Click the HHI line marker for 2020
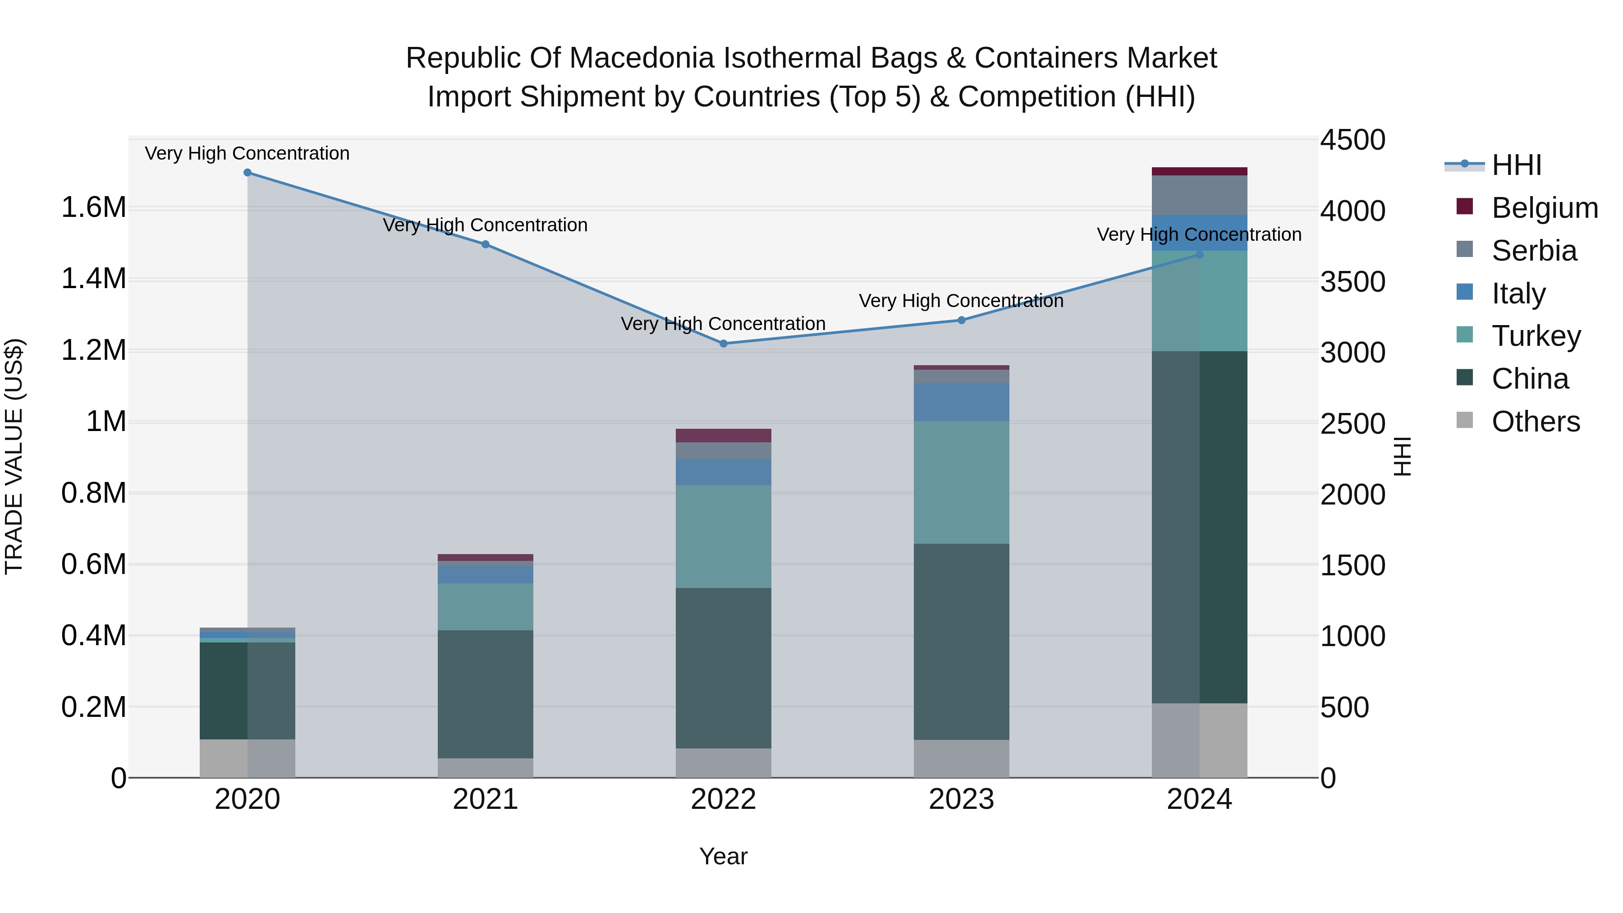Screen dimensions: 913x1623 coord(248,173)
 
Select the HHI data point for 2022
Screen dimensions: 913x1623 coord(723,344)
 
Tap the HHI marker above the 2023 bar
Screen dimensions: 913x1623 coord(962,320)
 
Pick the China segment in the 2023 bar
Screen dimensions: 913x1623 coord(962,642)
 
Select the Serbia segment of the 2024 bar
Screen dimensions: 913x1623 coord(1200,195)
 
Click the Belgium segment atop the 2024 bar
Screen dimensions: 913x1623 coord(1200,171)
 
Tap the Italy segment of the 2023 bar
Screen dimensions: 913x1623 coord(962,402)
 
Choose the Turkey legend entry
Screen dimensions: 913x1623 coord(1536,336)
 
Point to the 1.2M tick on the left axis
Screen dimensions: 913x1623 coord(93,350)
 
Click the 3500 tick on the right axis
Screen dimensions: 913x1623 coord(1352,282)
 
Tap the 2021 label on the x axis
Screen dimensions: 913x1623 coord(485,799)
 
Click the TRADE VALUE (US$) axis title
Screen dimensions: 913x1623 coord(14,456)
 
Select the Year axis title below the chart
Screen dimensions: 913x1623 coord(723,856)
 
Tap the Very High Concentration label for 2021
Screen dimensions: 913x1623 coord(485,225)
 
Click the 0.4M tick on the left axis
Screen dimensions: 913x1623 coord(93,636)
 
